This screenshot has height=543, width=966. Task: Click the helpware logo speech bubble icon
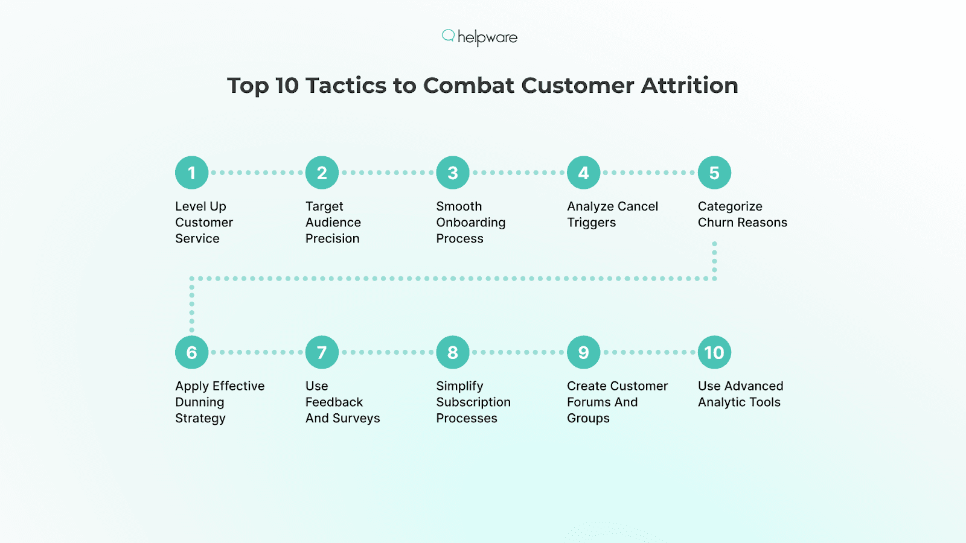coord(448,36)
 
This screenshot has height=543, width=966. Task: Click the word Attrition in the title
coord(689,86)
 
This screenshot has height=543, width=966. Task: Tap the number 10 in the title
coord(287,86)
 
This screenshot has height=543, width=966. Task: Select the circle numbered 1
coord(191,173)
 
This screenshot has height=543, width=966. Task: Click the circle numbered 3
coord(453,173)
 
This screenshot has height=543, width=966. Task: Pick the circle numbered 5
coord(714,173)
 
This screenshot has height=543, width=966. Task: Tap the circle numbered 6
coord(191,352)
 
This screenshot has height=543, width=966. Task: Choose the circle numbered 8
coord(453,352)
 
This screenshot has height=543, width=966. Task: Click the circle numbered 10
coord(714,352)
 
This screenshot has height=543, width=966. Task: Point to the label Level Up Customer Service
coord(204,223)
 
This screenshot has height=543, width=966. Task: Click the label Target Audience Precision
coord(333,223)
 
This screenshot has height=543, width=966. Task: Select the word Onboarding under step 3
coord(471,223)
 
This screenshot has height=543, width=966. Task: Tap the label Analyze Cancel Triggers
coord(612,214)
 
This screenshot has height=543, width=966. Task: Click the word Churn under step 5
coord(715,223)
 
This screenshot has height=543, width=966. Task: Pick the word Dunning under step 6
coord(199,402)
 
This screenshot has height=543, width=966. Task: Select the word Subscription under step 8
coord(473,402)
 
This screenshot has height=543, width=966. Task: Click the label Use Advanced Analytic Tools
coord(740,394)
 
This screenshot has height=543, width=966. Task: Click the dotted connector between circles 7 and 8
coord(388,352)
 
